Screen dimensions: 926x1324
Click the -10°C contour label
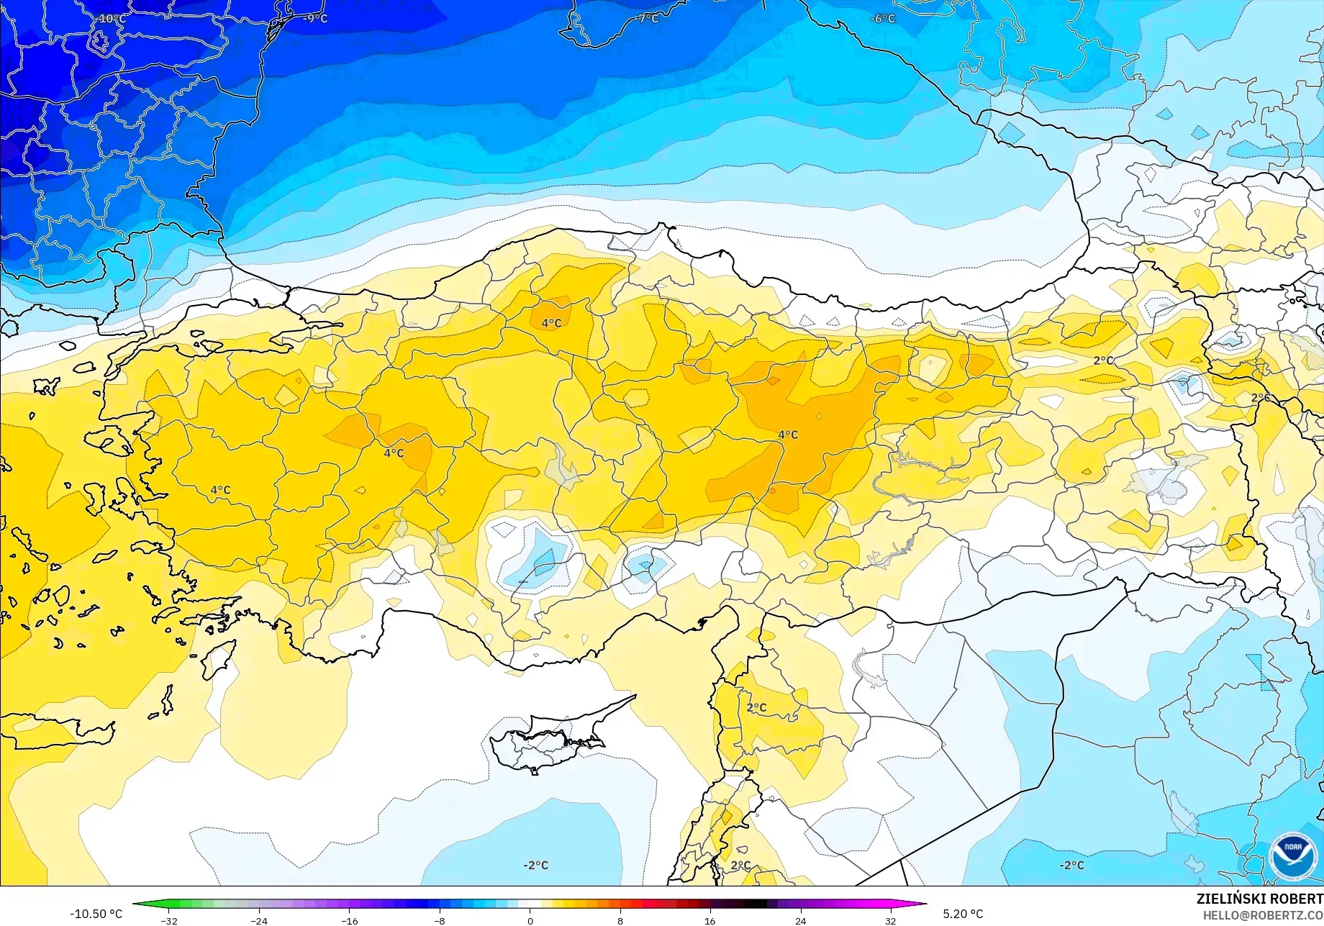(111, 19)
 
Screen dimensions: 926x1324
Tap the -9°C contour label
(315, 19)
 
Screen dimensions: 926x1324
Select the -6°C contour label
(883, 19)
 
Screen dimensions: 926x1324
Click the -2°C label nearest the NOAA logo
(1071, 865)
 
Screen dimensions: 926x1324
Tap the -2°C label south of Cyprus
(535, 865)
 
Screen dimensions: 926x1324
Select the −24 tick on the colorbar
(259, 920)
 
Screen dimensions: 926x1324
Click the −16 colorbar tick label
(349, 920)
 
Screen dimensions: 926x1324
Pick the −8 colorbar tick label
(440, 920)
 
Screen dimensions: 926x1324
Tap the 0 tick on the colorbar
(530, 920)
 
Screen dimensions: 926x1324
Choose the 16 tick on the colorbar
(710, 920)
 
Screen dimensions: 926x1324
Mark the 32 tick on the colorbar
(890, 920)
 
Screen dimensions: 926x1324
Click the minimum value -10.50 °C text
(96, 914)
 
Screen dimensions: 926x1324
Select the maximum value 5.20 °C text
(963, 914)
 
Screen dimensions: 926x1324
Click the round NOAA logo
(1293, 856)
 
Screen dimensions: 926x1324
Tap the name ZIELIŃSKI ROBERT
(1259, 899)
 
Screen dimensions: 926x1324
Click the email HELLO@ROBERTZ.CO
(1263, 915)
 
